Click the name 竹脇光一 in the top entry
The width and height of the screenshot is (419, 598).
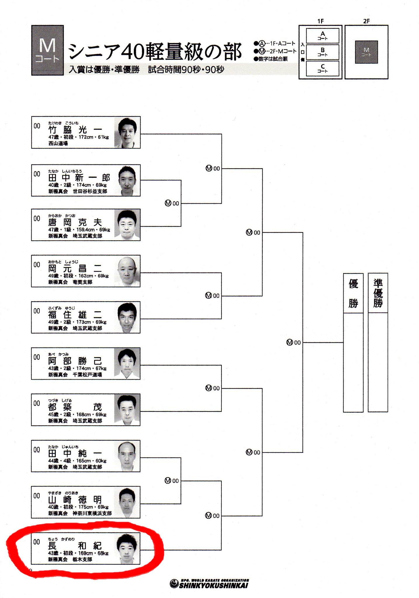point(75,129)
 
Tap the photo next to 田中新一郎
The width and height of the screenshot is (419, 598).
point(127,180)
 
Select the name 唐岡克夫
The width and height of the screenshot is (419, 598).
point(75,222)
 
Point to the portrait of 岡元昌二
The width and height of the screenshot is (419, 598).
point(127,271)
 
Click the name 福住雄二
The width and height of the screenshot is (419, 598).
point(75,315)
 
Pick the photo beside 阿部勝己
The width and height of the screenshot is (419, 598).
point(127,364)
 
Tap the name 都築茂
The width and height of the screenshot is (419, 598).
point(75,407)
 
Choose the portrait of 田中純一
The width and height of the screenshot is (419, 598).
point(127,456)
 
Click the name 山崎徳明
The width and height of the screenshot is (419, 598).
point(75,500)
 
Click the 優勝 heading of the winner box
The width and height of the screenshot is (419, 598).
point(353,293)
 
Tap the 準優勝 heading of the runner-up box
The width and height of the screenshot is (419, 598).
point(378,293)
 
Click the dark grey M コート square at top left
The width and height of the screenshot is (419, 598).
point(47,50)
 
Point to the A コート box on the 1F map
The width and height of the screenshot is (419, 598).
point(323,36)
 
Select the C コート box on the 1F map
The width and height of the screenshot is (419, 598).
point(323,68)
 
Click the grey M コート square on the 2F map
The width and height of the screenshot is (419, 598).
point(366,52)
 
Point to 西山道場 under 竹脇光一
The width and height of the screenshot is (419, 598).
point(58,143)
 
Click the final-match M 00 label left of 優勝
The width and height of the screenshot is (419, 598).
point(294,343)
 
